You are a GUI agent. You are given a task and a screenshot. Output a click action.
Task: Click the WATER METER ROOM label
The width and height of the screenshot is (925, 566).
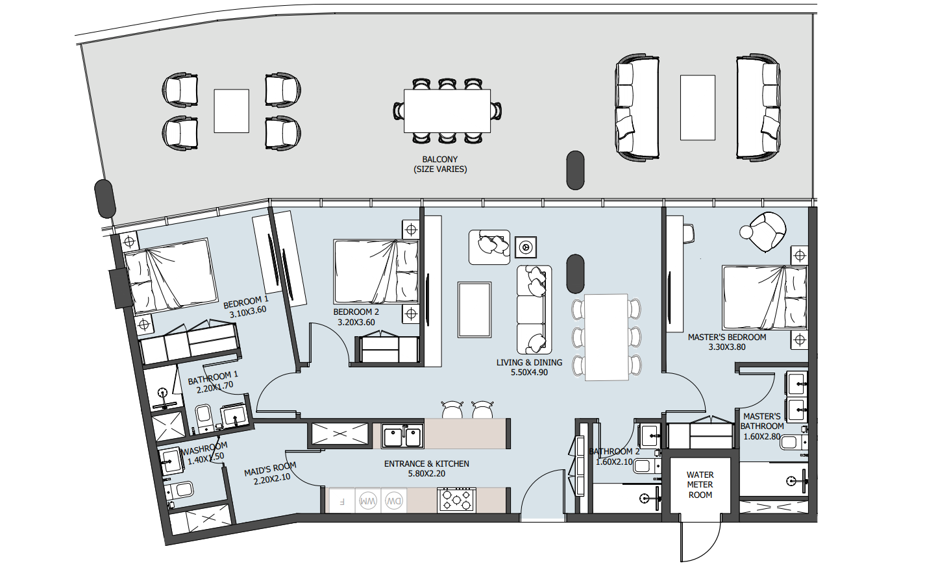point(700,485)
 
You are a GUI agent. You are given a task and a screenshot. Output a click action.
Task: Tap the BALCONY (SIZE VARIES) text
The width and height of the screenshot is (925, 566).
point(440,164)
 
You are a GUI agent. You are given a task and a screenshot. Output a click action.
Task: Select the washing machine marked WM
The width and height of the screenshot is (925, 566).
point(367,501)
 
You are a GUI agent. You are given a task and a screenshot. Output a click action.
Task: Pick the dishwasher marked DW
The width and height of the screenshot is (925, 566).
point(393,501)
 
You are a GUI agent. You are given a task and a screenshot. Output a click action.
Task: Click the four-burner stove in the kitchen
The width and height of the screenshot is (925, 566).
point(456,500)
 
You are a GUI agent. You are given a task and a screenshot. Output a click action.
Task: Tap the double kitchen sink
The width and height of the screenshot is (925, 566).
point(402,436)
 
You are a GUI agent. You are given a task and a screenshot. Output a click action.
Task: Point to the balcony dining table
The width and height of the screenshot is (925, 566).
point(447,110)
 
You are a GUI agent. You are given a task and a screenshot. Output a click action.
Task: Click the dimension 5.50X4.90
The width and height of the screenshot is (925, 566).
point(529,373)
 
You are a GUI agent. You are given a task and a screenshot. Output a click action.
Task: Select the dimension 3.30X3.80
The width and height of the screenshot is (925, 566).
point(727,347)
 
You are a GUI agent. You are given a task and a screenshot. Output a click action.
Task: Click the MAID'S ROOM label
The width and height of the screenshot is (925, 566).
point(270,469)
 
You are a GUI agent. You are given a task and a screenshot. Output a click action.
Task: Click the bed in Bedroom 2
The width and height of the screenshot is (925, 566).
point(376,272)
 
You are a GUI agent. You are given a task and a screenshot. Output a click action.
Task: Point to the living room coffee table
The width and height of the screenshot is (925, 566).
point(475,310)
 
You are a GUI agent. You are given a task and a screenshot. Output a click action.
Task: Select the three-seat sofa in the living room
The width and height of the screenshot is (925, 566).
point(534,310)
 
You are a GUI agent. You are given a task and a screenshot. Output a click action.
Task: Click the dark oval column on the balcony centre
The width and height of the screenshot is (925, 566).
point(575,170)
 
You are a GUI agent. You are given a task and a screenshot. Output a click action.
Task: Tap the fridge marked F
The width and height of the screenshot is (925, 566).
point(341,501)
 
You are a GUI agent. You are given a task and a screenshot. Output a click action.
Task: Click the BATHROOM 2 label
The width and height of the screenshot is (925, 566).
point(614,452)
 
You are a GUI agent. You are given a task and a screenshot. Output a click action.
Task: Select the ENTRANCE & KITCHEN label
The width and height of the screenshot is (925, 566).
point(426,463)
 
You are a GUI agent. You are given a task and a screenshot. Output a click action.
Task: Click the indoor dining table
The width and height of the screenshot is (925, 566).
point(606,337)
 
